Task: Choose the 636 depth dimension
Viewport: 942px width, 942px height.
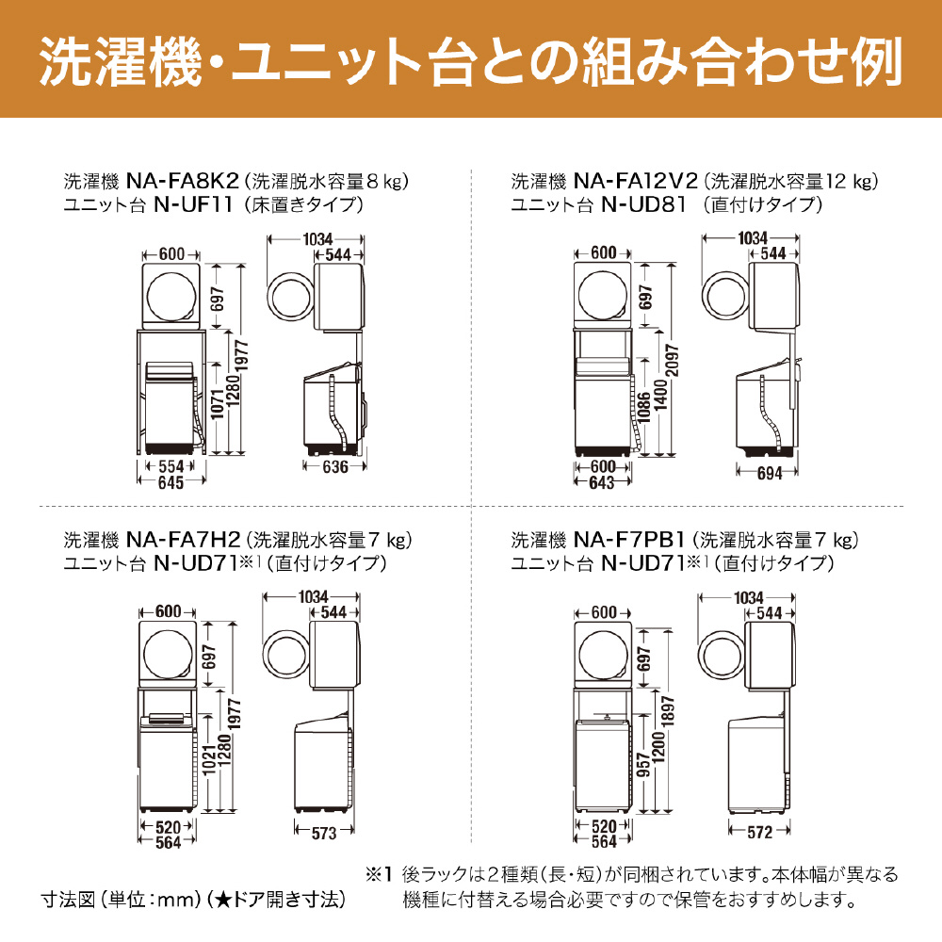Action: [335, 467]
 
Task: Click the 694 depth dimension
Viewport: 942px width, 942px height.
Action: [770, 474]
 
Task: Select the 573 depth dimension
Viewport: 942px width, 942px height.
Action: [322, 833]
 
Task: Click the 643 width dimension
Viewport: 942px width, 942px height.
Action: [602, 482]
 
